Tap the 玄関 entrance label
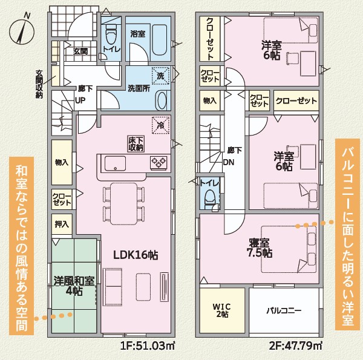tap(80, 51)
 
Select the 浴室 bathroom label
tap(138, 34)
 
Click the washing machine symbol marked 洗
tap(160, 76)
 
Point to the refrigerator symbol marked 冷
tap(160, 125)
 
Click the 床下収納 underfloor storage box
tap(136, 144)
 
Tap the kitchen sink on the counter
tap(115, 163)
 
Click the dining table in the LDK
tap(124, 204)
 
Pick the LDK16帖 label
tap(136, 255)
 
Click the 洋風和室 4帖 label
tap(74, 286)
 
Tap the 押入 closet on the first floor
tap(62, 224)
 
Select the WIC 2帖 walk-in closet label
tap(221, 310)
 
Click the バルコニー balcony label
tap(284, 310)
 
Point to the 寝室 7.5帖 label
tap(260, 248)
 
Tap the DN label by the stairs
tap(229, 162)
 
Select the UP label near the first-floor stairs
tap(80, 100)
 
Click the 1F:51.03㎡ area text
tap(148, 346)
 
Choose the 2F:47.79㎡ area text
tap(296, 346)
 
